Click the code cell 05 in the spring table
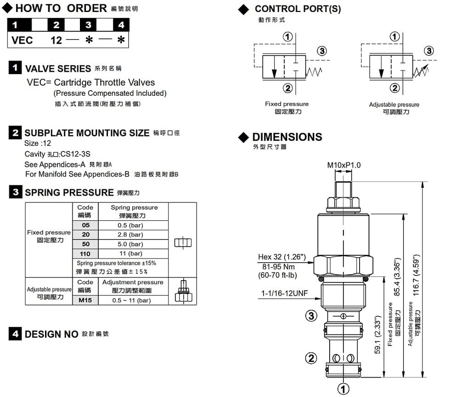(86, 225)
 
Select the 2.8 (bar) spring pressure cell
(134, 235)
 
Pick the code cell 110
(86, 253)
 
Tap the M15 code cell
(86, 300)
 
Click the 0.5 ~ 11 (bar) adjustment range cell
(134, 300)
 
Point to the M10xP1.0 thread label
(343, 165)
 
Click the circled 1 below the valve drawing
(343, 389)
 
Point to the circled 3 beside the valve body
(311, 316)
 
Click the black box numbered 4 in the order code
(121, 25)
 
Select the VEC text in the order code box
(22, 40)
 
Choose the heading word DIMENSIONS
(287, 137)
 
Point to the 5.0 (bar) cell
(134, 244)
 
